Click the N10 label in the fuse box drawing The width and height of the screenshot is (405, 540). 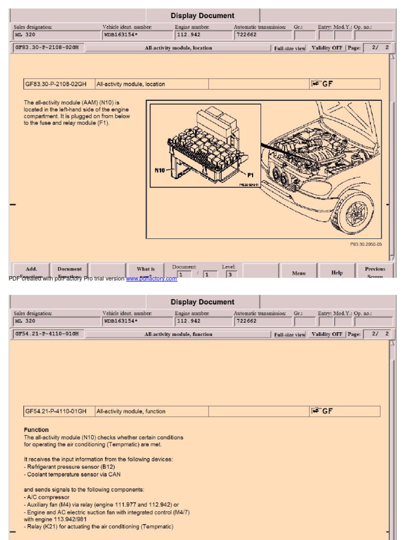tap(160, 170)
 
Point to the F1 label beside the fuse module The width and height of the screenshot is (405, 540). tap(251, 174)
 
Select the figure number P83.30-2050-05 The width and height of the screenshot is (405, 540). tap(366, 244)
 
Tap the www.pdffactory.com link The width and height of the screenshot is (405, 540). tap(151, 278)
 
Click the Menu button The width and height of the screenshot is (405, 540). tap(298, 273)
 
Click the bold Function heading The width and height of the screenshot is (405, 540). tap(36, 430)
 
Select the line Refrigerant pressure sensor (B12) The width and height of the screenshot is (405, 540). tap(69, 467)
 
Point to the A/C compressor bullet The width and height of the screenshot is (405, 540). tap(48, 497)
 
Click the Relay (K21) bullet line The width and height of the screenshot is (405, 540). tap(99, 526)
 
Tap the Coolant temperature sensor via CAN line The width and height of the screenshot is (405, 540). tap(72, 474)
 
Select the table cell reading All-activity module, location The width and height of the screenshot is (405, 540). tap(131, 84)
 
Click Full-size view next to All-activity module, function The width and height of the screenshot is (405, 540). tap(290, 334)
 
